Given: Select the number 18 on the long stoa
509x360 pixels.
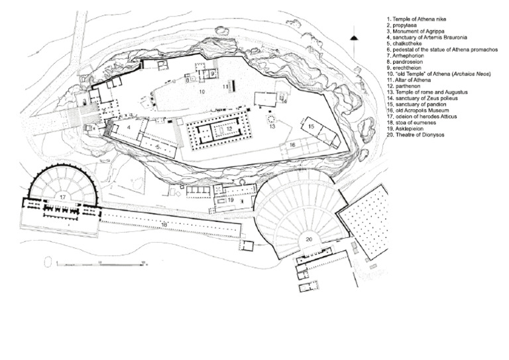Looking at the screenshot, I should point(164,225).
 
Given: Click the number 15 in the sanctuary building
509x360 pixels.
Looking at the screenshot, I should point(310,125).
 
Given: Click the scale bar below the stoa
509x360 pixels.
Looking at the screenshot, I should point(99,264).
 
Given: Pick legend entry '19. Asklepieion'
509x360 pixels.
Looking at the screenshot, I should point(404,129).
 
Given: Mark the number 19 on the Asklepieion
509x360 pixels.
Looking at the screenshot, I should point(231,199).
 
